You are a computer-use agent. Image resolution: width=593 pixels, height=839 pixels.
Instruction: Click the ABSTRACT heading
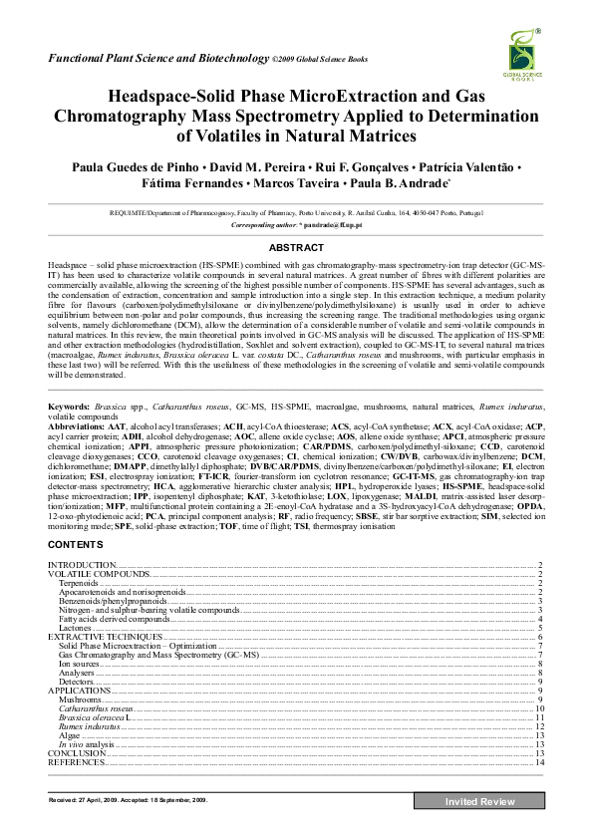click(x=296, y=246)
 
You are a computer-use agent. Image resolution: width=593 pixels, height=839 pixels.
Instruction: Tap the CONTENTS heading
click(x=77, y=546)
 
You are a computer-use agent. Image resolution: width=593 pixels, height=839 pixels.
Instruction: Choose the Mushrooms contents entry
click(x=79, y=699)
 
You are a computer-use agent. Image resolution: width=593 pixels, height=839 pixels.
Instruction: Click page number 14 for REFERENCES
click(x=538, y=762)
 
